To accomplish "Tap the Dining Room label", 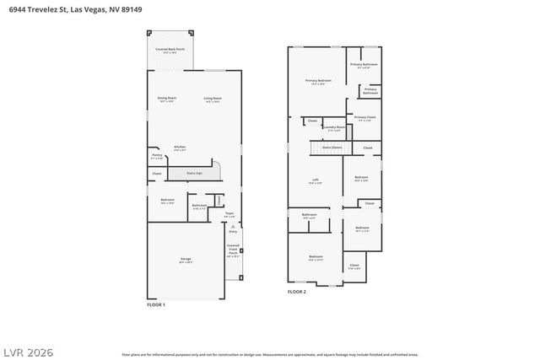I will pos(166,99).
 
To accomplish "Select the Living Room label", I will pos(212,99).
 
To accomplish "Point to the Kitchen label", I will pos(180,148).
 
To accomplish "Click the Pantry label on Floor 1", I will pos(156,156).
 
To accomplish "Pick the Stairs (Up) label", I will pos(193,173).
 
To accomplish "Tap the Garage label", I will pos(185,261).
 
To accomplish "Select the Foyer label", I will pos(229,214).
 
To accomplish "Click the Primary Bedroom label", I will pos(318,82).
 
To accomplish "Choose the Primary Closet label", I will pos(364,118).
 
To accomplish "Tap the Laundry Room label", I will pos(334,128).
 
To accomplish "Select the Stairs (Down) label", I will pos(332,147).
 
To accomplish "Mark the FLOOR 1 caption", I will pos(156,304).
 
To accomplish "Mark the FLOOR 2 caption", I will pos(297,292).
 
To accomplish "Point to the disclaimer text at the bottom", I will pos(269,355).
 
